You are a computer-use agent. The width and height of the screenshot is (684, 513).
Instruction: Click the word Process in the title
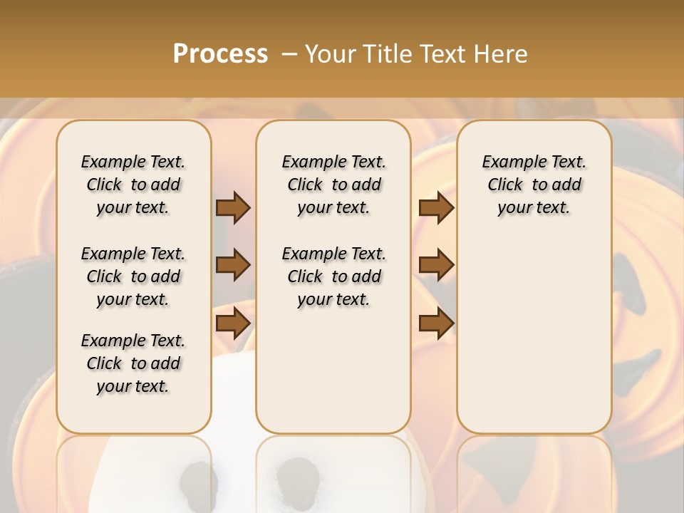pyautogui.click(x=220, y=53)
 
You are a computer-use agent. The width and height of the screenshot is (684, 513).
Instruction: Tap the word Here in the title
pyautogui.click(x=503, y=53)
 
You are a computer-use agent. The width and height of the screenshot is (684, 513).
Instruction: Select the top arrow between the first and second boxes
pyautogui.click(x=233, y=208)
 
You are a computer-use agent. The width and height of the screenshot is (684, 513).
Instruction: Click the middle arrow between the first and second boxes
pyautogui.click(x=233, y=265)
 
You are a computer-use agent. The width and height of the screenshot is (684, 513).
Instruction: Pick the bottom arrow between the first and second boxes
pyautogui.click(x=233, y=323)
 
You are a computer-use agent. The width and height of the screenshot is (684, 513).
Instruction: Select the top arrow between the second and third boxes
pyautogui.click(x=436, y=208)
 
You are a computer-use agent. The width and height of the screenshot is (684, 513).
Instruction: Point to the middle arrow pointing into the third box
pyautogui.click(x=436, y=265)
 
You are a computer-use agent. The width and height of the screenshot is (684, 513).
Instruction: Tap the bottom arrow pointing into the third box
pyautogui.click(x=436, y=323)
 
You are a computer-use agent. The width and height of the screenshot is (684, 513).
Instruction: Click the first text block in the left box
pyautogui.click(x=133, y=185)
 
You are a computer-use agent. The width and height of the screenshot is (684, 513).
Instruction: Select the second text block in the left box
pyautogui.click(x=133, y=276)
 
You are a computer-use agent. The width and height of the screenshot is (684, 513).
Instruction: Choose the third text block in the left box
pyautogui.click(x=133, y=363)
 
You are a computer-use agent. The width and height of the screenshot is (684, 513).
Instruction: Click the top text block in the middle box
pyautogui.click(x=333, y=185)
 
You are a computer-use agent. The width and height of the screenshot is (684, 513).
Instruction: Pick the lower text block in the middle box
pyautogui.click(x=333, y=276)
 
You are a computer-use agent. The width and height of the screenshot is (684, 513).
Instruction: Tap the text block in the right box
pyautogui.click(x=534, y=185)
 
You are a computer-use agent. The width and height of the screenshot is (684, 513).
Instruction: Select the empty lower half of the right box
pyautogui.click(x=534, y=342)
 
